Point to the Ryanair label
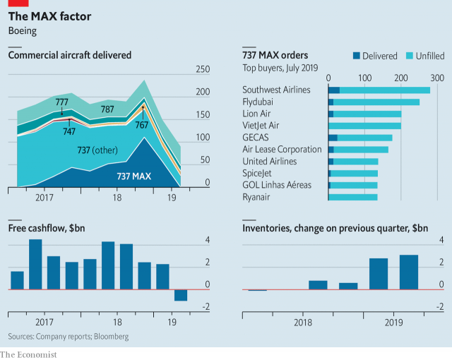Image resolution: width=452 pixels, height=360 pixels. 261,197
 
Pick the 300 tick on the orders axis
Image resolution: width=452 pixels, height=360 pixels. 437,78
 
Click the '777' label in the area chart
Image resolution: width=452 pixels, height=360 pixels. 62,102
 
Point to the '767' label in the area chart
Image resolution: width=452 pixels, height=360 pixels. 143,124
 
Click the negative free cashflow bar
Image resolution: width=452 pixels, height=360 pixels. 181,295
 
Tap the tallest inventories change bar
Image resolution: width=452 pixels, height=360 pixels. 409,272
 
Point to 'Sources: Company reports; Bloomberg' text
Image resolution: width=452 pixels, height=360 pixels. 69,337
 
